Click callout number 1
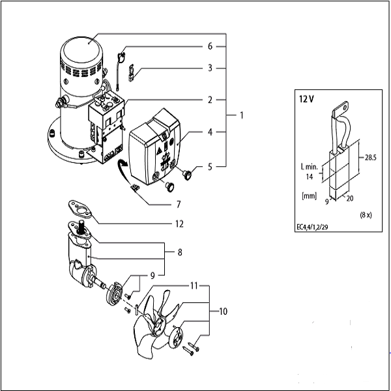point(241,115)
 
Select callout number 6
point(210,47)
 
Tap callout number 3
point(210,67)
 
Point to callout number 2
point(210,100)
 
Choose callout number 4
point(210,132)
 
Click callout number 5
point(210,166)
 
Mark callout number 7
point(179,204)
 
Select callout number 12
point(179,224)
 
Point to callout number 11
point(194,285)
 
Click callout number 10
point(224,311)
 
